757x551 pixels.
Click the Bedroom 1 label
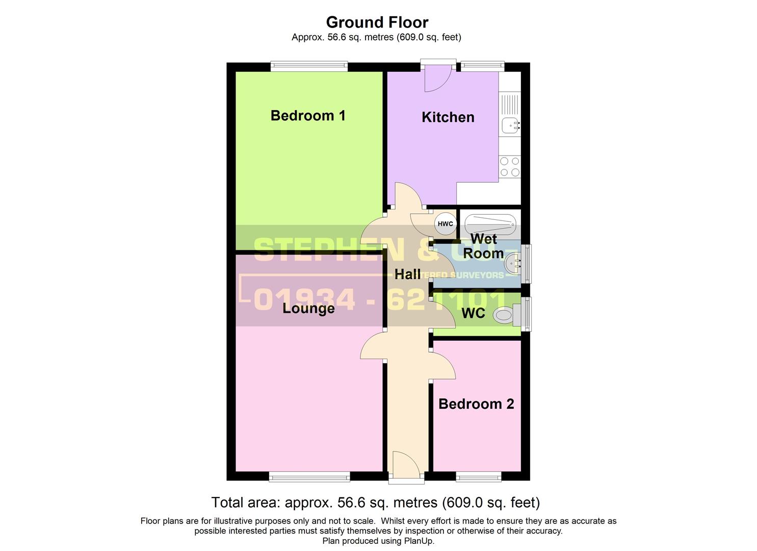click(x=308, y=116)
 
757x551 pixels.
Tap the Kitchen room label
click(x=448, y=117)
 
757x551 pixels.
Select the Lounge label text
click(x=308, y=308)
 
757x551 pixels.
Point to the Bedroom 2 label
click(x=476, y=404)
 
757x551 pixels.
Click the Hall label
click(x=407, y=274)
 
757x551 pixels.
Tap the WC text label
click(x=473, y=313)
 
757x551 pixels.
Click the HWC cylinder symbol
click(x=445, y=223)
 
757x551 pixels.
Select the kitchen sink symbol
click(x=510, y=124)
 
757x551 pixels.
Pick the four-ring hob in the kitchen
click(x=510, y=167)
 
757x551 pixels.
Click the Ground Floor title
click(x=377, y=22)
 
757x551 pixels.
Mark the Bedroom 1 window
click(x=309, y=66)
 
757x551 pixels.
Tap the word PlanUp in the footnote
click(x=419, y=541)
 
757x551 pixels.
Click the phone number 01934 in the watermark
click(x=304, y=299)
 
